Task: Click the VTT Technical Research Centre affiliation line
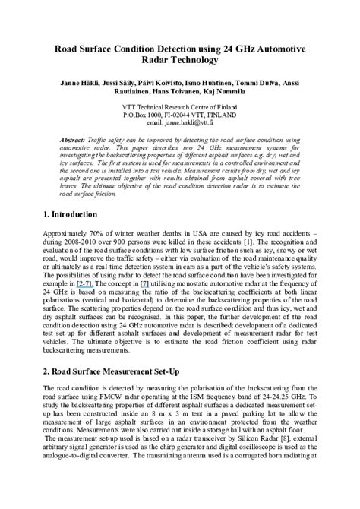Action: coord(180,107)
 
